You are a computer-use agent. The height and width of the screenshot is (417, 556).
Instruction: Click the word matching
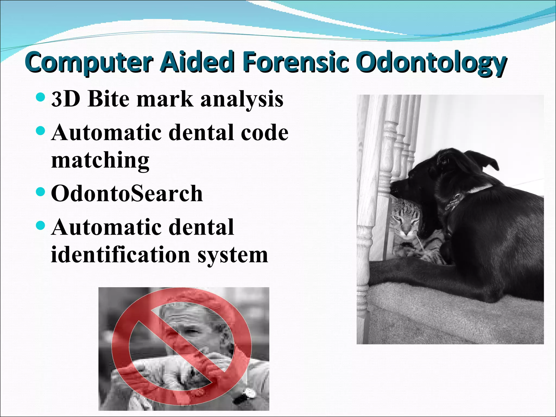tap(100, 161)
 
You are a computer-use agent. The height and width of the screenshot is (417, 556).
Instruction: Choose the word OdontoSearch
tap(127, 193)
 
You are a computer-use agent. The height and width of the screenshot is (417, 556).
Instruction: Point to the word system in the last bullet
tap(233, 255)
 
